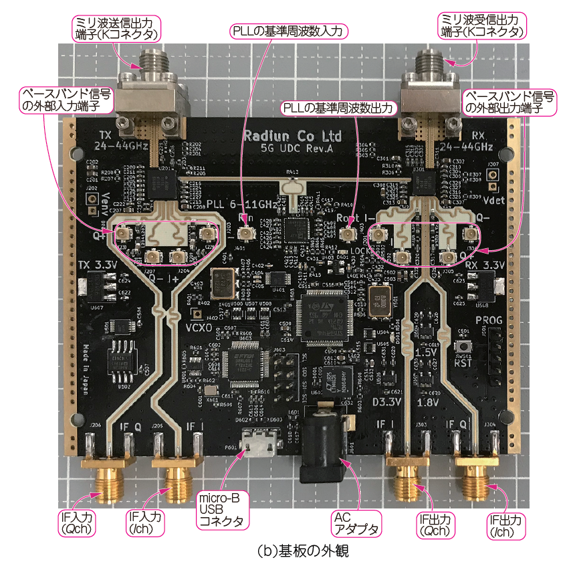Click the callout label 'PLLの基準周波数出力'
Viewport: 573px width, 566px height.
(340, 107)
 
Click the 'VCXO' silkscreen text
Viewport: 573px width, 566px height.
(201, 328)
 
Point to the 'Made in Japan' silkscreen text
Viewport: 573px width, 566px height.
(86, 365)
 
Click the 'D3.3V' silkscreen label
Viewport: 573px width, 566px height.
(387, 401)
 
